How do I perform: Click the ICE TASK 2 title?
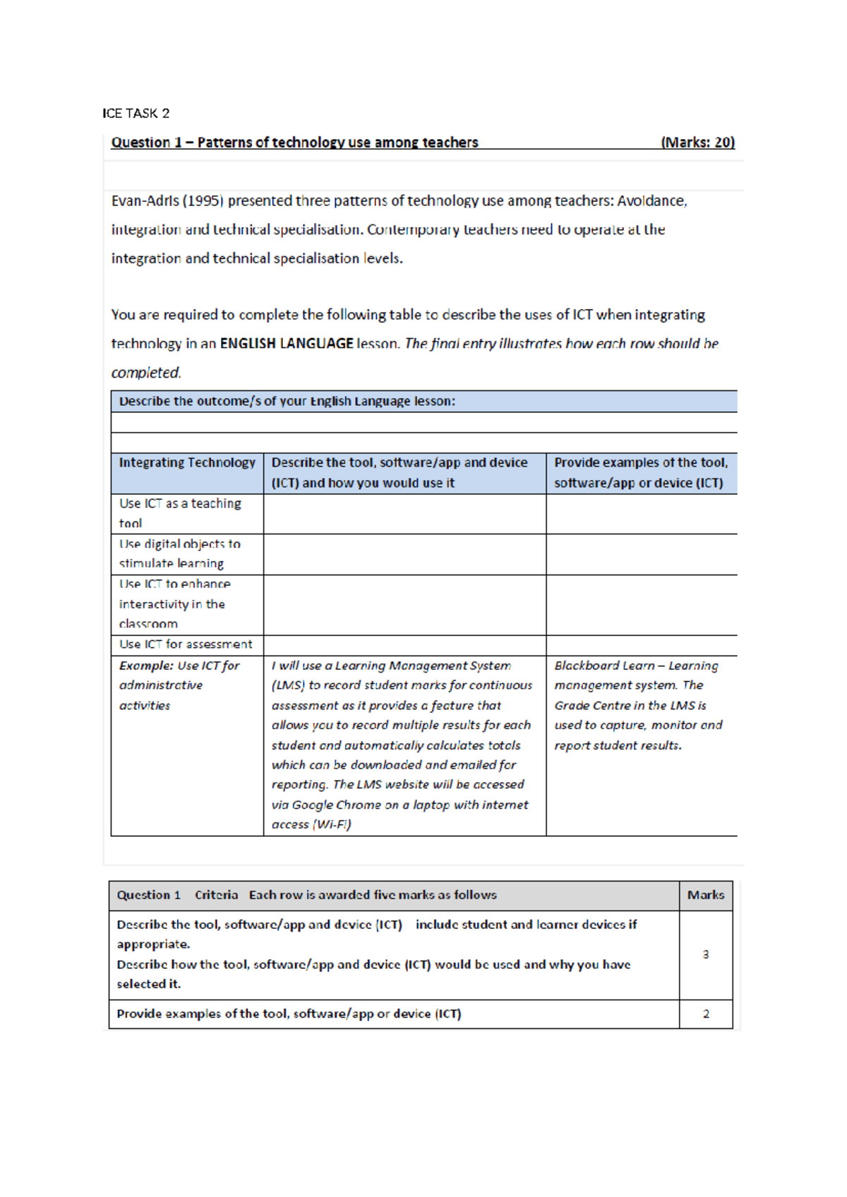click(x=136, y=114)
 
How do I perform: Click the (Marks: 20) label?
click(x=697, y=143)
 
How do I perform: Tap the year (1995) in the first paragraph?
click(x=203, y=201)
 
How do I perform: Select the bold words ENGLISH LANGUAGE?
click(x=287, y=344)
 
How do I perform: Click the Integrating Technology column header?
click(x=187, y=463)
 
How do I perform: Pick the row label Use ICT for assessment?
click(x=186, y=644)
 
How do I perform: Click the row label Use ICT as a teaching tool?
click(x=180, y=513)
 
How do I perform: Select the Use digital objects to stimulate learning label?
click(x=179, y=553)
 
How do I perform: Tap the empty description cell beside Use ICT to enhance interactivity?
click(x=404, y=605)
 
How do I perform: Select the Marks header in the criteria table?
click(x=705, y=895)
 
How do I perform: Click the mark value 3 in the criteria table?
click(x=705, y=955)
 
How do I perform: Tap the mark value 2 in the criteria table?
click(x=705, y=1014)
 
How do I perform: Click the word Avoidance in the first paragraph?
click(x=651, y=201)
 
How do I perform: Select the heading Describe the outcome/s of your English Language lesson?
click(x=287, y=402)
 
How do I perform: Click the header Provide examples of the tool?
click(x=640, y=463)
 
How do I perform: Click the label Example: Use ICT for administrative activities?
click(x=179, y=685)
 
